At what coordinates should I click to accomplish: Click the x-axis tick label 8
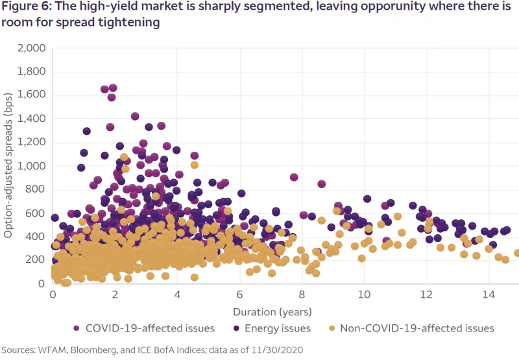pos(302,293)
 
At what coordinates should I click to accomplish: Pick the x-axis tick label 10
pos(364,293)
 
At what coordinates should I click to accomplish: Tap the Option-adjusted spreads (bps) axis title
pos(8,165)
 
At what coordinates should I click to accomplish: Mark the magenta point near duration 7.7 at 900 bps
pos(294,177)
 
